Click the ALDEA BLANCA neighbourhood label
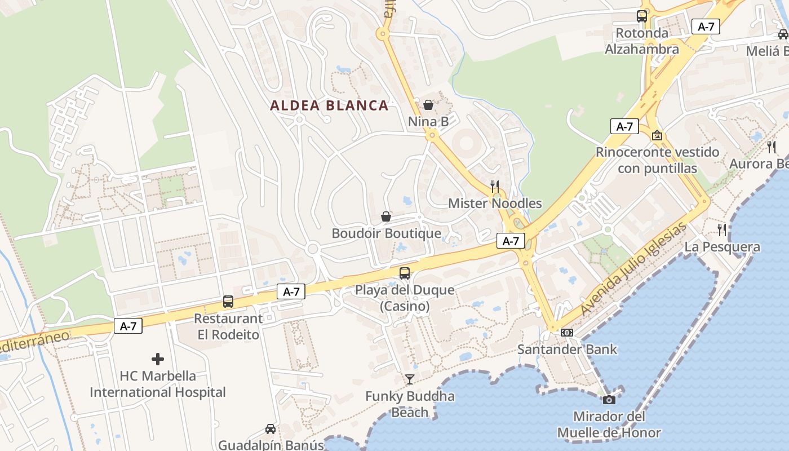click(x=329, y=105)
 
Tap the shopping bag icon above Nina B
click(x=428, y=105)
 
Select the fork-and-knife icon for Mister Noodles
click(x=495, y=186)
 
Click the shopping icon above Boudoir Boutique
click(x=386, y=216)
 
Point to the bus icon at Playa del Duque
click(x=405, y=273)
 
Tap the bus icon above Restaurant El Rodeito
click(x=228, y=301)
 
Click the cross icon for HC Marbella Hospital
click(x=158, y=359)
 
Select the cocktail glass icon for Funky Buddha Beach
click(x=410, y=379)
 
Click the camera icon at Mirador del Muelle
click(x=609, y=400)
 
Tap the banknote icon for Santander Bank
click(x=567, y=333)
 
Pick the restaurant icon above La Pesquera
click(x=722, y=229)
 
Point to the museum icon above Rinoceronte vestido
click(x=657, y=135)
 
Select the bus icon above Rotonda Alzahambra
click(x=641, y=16)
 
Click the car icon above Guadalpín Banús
click(x=271, y=428)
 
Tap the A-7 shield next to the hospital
click(x=128, y=326)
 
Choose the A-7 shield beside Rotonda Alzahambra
click(x=706, y=26)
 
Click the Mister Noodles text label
click(x=495, y=204)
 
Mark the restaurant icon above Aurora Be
click(x=771, y=147)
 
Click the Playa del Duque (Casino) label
click(x=405, y=298)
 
